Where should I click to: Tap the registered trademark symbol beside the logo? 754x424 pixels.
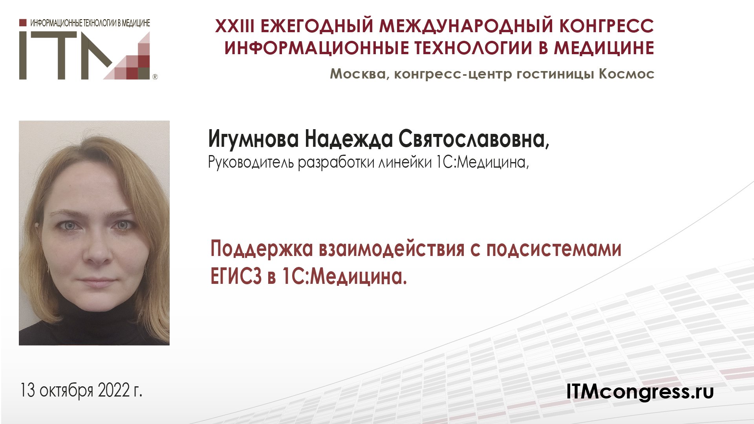point(155,77)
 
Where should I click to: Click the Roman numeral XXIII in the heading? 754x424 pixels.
point(234,26)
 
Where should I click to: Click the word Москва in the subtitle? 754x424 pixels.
point(358,74)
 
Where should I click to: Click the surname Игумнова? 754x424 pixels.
point(253,139)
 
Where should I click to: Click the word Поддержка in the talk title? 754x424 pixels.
point(262,249)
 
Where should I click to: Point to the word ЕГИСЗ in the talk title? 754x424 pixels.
point(236,277)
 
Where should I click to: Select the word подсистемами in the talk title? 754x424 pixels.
point(554,249)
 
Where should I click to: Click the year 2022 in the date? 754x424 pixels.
point(113,390)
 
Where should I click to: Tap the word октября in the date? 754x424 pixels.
point(66,390)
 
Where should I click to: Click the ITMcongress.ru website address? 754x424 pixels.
point(640,391)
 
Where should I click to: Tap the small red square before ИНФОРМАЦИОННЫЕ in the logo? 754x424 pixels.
point(23,23)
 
